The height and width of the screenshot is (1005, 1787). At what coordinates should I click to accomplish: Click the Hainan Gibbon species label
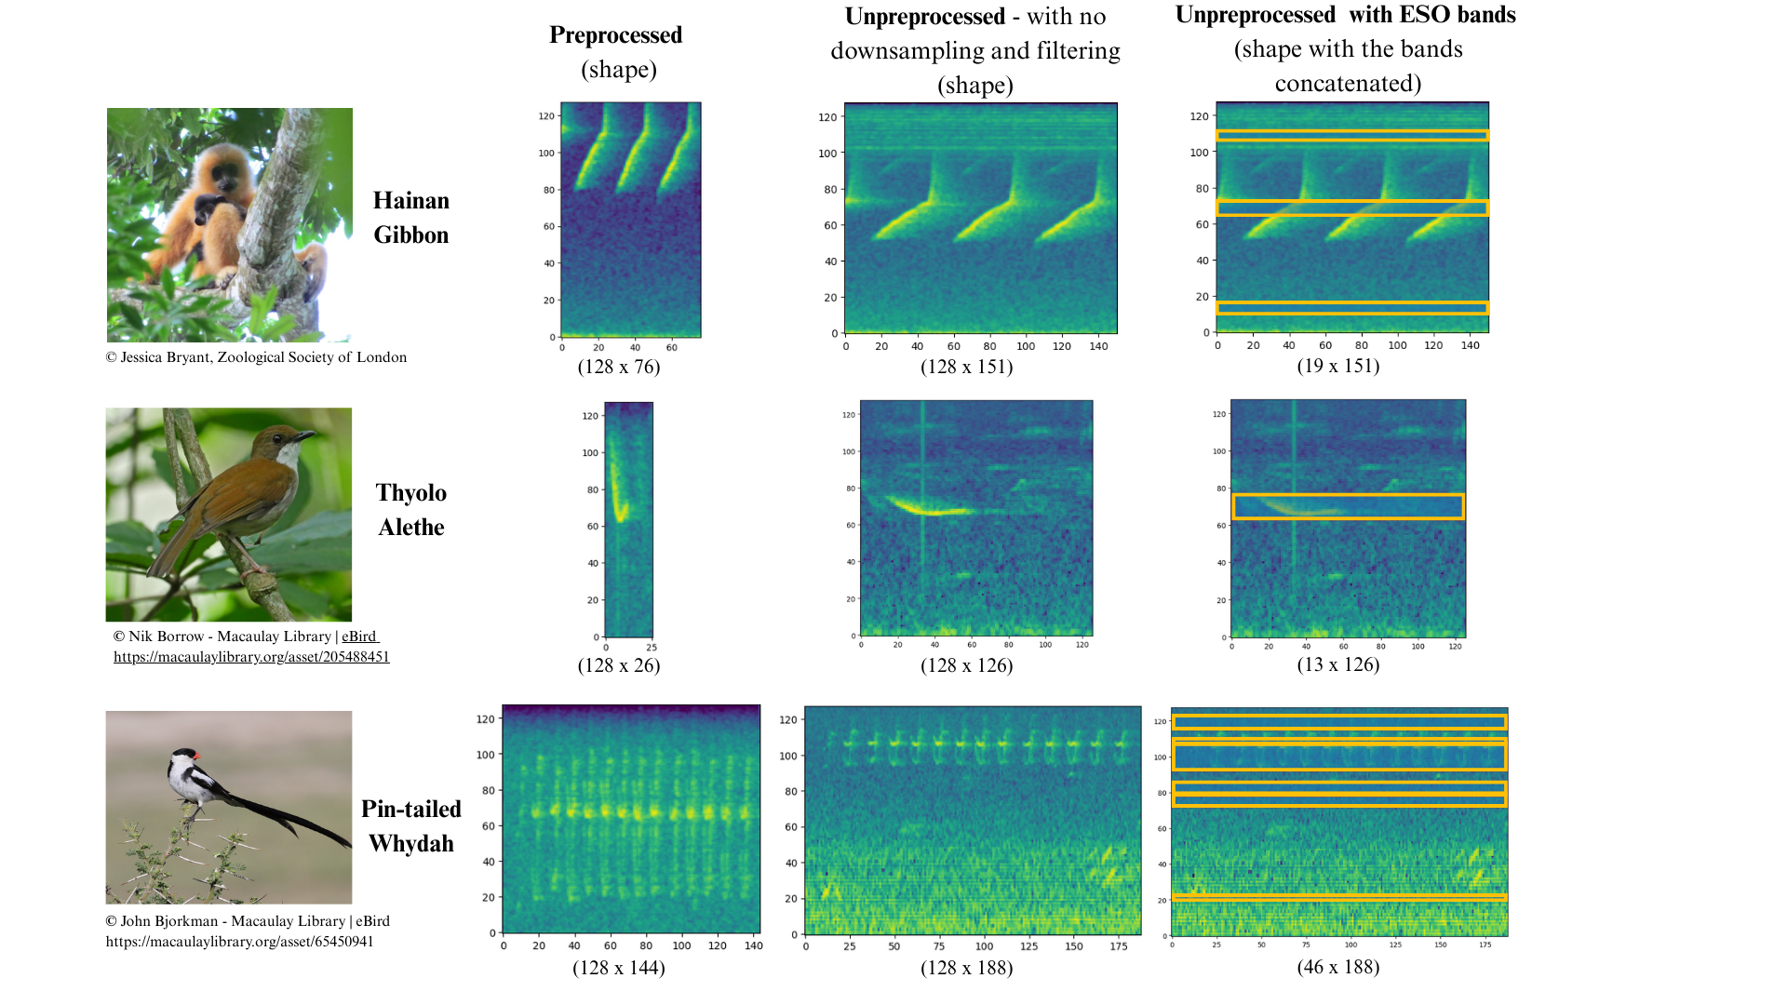[x=411, y=218]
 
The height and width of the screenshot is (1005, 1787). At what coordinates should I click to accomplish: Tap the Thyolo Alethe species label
[x=411, y=510]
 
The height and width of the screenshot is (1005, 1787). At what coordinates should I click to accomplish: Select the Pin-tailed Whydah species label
[x=411, y=826]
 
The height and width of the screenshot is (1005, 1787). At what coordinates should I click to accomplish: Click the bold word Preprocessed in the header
[x=616, y=35]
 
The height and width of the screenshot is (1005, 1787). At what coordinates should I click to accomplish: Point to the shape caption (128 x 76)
[x=619, y=367]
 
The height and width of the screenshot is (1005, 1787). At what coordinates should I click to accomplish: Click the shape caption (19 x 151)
[x=1338, y=366]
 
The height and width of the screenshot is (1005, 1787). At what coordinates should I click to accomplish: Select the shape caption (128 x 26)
[x=619, y=665]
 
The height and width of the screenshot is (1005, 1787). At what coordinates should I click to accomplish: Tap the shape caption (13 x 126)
[x=1338, y=664]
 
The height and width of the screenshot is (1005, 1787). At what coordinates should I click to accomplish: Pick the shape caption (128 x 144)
[x=619, y=968]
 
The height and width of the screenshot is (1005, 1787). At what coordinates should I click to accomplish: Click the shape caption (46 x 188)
[x=1338, y=967]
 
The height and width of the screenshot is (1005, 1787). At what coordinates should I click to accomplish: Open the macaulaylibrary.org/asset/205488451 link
[x=251, y=657]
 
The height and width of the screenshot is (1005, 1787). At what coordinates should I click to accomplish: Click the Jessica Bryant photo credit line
[x=257, y=357]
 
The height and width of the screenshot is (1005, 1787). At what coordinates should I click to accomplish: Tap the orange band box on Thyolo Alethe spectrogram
[x=1348, y=495]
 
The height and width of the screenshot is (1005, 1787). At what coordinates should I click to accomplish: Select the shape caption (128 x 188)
[x=967, y=968]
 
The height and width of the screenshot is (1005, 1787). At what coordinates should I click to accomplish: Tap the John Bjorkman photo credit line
[x=248, y=921]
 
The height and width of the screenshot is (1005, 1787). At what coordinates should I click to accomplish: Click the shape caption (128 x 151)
[x=967, y=367]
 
